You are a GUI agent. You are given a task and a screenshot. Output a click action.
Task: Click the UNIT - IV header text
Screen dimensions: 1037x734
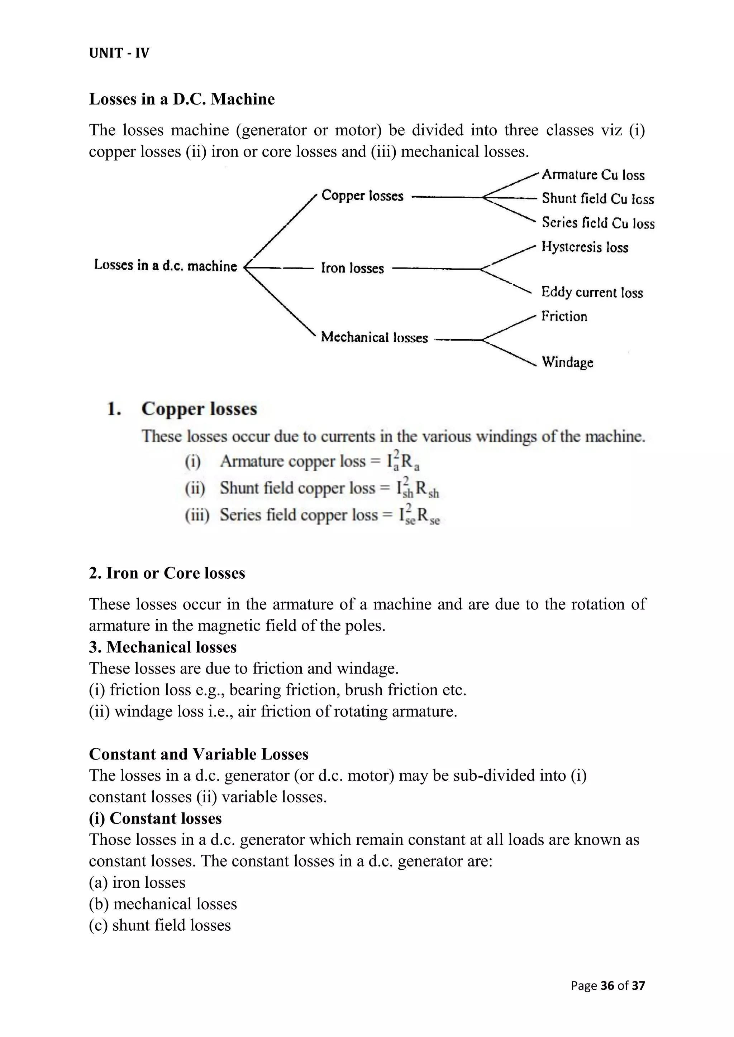(x=119, y=53)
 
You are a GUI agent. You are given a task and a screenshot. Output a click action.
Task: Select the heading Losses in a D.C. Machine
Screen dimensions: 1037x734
(x=182, y=99)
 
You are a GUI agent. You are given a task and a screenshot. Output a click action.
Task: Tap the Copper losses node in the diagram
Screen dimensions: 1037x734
(x=362, y=196)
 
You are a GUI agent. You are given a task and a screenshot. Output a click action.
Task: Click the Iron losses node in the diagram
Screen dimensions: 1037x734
(x=352, y=268)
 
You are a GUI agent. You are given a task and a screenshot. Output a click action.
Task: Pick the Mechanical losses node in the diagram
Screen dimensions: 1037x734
(x=374, y=337)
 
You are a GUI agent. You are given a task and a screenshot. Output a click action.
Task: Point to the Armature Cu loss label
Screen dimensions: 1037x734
(x=593, y=175)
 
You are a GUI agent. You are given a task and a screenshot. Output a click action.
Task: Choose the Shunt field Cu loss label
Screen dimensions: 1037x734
(x=597, y=198)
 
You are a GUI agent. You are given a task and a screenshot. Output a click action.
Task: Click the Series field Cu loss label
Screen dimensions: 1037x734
(x=598, y=223)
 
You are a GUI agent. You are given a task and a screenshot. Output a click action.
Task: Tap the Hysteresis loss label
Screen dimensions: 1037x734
(x=585, y=247)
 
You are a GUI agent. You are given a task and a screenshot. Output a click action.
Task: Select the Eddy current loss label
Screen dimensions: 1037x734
(x=592, y=292)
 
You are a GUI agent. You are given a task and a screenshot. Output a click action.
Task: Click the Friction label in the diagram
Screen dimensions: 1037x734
(x=564, y=316)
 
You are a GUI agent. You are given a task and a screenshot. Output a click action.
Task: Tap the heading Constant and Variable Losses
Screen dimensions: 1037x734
(x=199, y=754)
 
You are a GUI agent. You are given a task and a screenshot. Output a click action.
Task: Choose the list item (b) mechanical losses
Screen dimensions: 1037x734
(x=163, y=903)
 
